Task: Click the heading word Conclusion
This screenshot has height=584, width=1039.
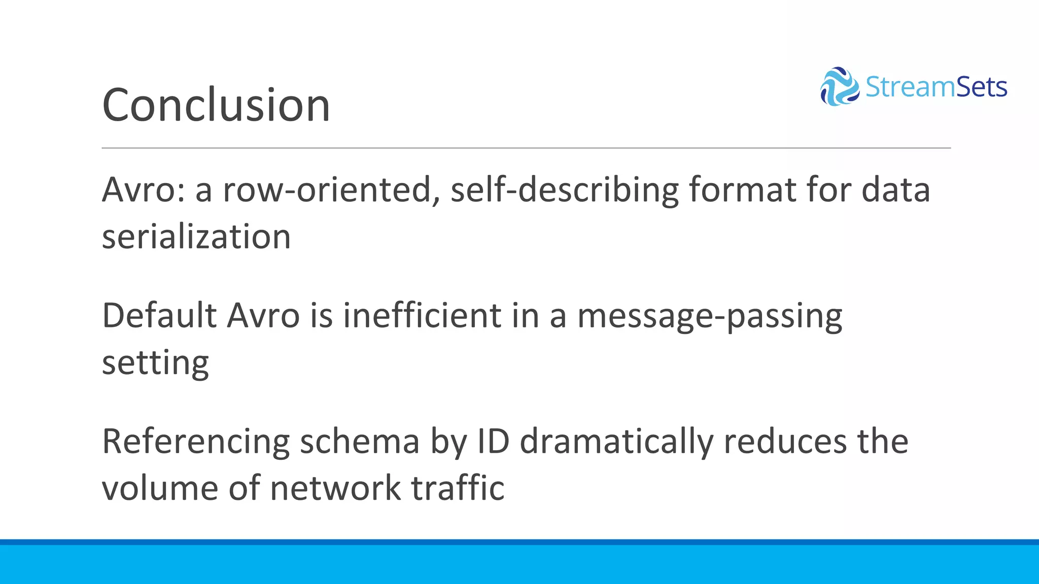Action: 216,105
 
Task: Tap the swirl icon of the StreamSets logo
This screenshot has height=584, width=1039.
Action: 840,87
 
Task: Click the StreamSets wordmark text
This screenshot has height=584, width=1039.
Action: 936,87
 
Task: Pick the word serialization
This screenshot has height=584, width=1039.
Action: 196,237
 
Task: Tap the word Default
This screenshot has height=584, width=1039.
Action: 159,315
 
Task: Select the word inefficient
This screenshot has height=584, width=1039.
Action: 422,315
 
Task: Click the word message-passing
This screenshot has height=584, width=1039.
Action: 710,316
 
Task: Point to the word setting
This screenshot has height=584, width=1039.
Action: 155,363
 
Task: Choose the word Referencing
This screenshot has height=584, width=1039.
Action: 196,442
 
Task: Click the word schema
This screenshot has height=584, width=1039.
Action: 360,442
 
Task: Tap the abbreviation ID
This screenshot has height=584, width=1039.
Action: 493,442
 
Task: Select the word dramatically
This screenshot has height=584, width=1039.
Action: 616,442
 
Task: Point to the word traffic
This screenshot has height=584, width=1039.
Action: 458,488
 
